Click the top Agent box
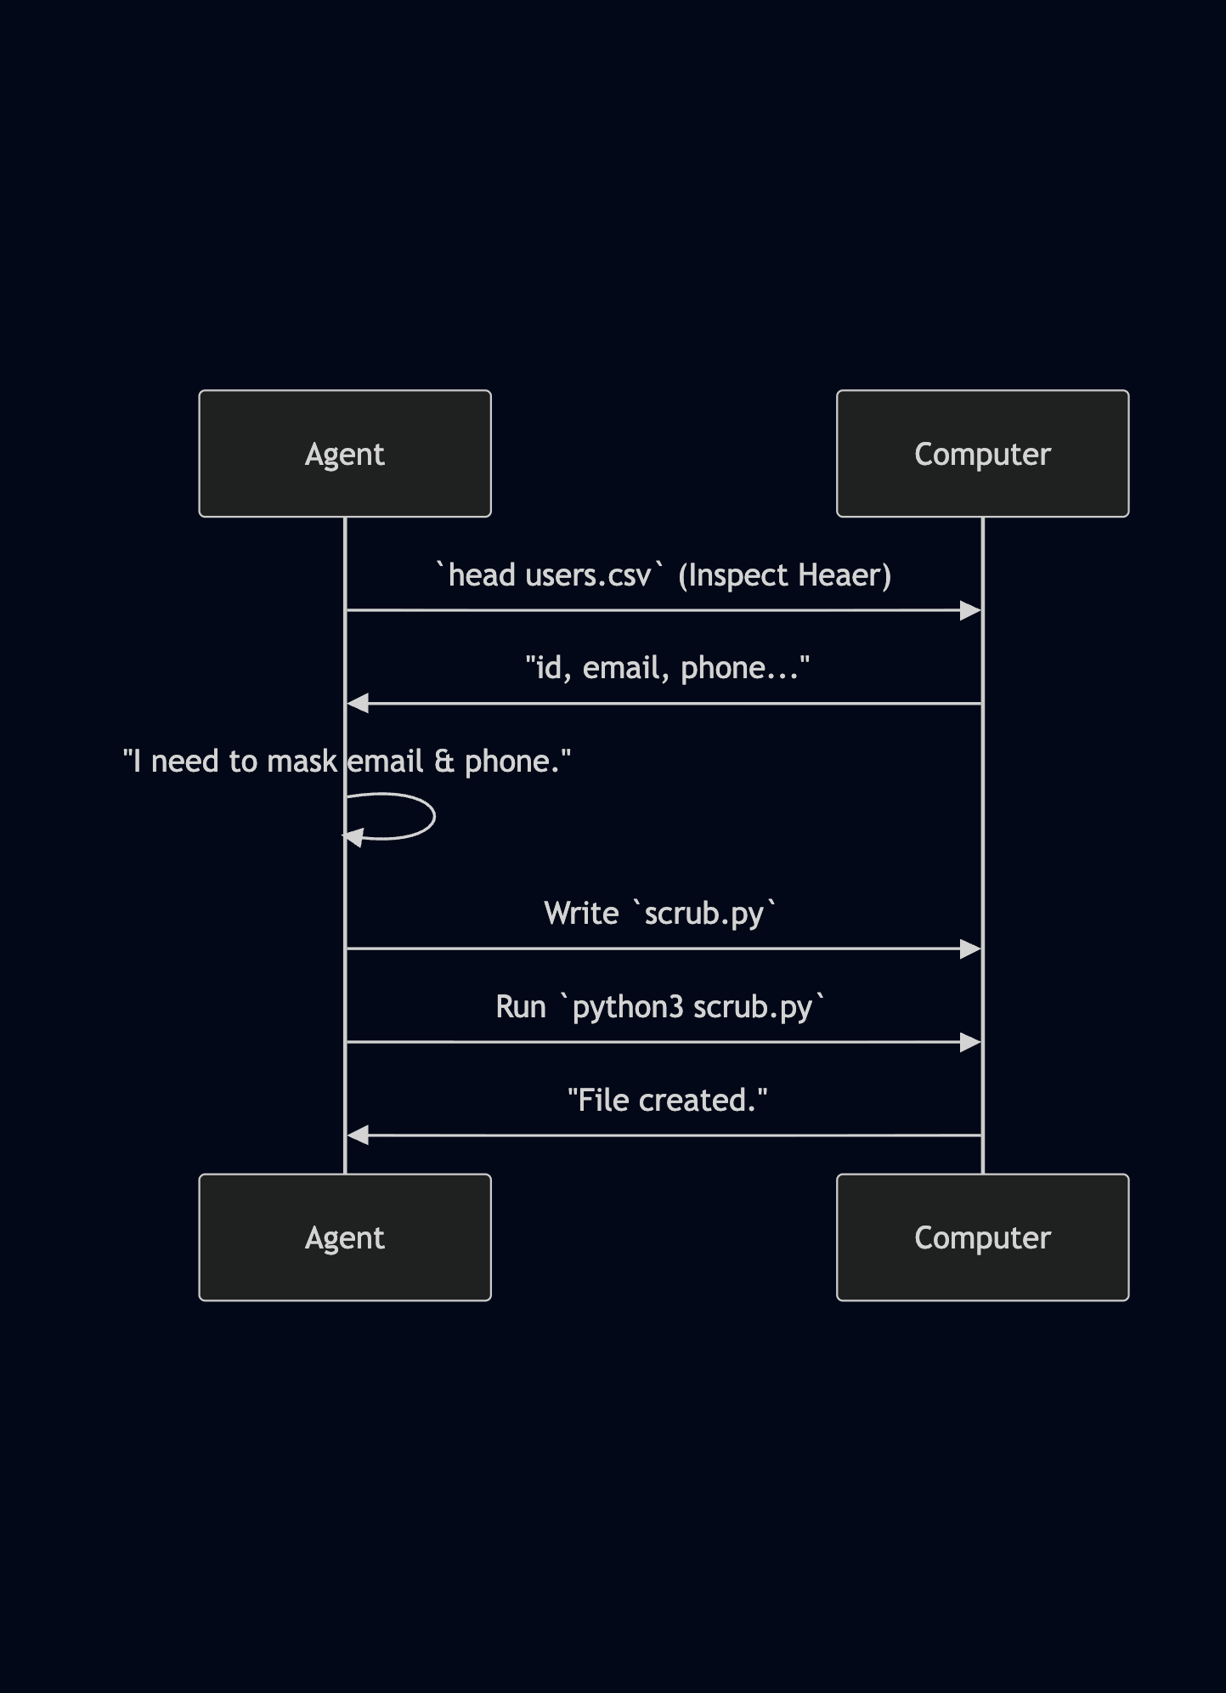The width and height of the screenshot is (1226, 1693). pyautogui.click(x=344, y=454)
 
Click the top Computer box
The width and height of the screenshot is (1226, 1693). pyautogui.click(x=982, y=454)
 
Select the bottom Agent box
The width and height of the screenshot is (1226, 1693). pyautogui.click(x=344, y=1237)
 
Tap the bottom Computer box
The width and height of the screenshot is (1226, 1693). pyautogui.click(x=982, y=1237)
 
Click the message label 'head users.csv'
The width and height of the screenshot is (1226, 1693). pyautogui.click(x=549, y=575)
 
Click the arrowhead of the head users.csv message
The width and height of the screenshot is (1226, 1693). pyautogui.click(x=970, y=610)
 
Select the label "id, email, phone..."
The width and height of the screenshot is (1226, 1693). pyautogui.click(x=667, y=668)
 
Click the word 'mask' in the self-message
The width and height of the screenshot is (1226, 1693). pyautogui.click(x=302, y=762)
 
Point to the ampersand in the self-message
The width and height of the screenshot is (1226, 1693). pyautogui.click(x=444, y=762)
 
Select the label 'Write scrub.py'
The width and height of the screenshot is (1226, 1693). pyautogui.click(x=660, y=914)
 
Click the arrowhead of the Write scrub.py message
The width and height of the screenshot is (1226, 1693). pyautogui.click(x=970, y=948)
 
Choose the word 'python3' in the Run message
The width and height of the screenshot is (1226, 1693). pyautogui.click(x=628, y=1007)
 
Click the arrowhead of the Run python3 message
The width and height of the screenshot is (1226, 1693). pyautogui.click(x=970, y=1042)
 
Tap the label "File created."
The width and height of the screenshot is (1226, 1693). pyautogui.click(x=667, y=1101)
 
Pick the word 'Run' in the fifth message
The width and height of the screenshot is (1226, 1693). pyautogui.click(x=520, y=1007)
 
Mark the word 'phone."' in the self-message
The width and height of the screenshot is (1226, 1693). pyautogui.click(x=517, y=762)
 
